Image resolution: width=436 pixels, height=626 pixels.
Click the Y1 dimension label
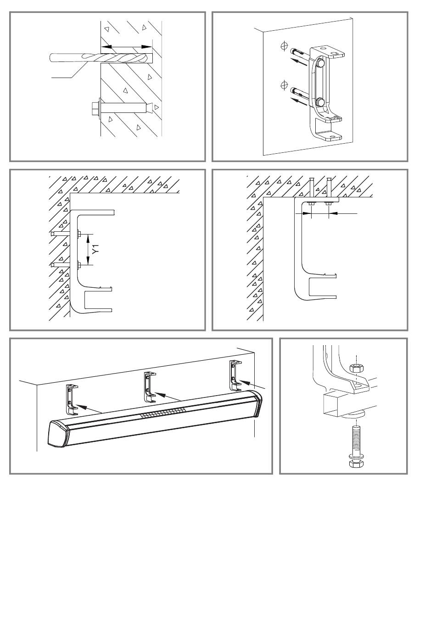coord(96,249)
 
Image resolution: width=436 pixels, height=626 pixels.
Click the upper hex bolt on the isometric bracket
coord(321,64)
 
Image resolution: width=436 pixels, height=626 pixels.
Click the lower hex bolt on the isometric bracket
coord(321,102)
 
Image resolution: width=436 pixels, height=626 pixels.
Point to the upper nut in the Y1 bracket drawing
coord(78,233)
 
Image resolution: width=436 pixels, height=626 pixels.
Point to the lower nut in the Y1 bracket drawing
coord(78,264)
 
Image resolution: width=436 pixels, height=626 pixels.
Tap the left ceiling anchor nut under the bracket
coord(312,203)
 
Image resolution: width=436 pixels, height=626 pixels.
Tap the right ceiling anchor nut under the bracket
coord(329,203)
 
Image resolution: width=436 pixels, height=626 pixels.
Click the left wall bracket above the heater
coord(72,400)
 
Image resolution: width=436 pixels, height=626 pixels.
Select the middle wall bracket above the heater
coord(150,387)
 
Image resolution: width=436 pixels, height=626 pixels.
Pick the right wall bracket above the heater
coord(235,375)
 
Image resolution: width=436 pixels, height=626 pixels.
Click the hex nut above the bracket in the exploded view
coord(356,369)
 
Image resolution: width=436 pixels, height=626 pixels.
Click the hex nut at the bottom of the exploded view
coord(356,464)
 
